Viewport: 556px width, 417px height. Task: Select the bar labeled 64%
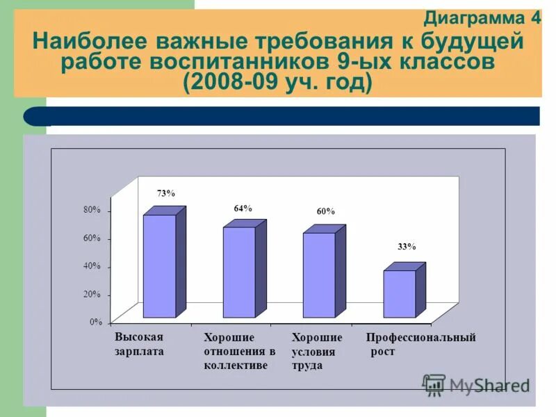(x=239, y=272)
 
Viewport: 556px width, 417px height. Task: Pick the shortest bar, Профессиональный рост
(x=400, y=294)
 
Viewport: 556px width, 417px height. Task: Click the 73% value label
(x=165, y=194)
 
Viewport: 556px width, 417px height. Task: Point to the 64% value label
(x=243, y=208)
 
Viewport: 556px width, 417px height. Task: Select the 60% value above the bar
(x=325, y=211)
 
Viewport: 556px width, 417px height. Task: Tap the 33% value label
(x=407, y=247)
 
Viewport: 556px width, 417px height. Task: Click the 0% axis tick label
(x=96, y=322)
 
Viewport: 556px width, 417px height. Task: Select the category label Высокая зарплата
(x=140, y=344)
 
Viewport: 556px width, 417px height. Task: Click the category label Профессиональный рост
(x=420, y=344)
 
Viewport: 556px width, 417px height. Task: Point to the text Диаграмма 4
(x=482, y=18)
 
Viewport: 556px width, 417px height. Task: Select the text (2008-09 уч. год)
(x=277, y=82)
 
